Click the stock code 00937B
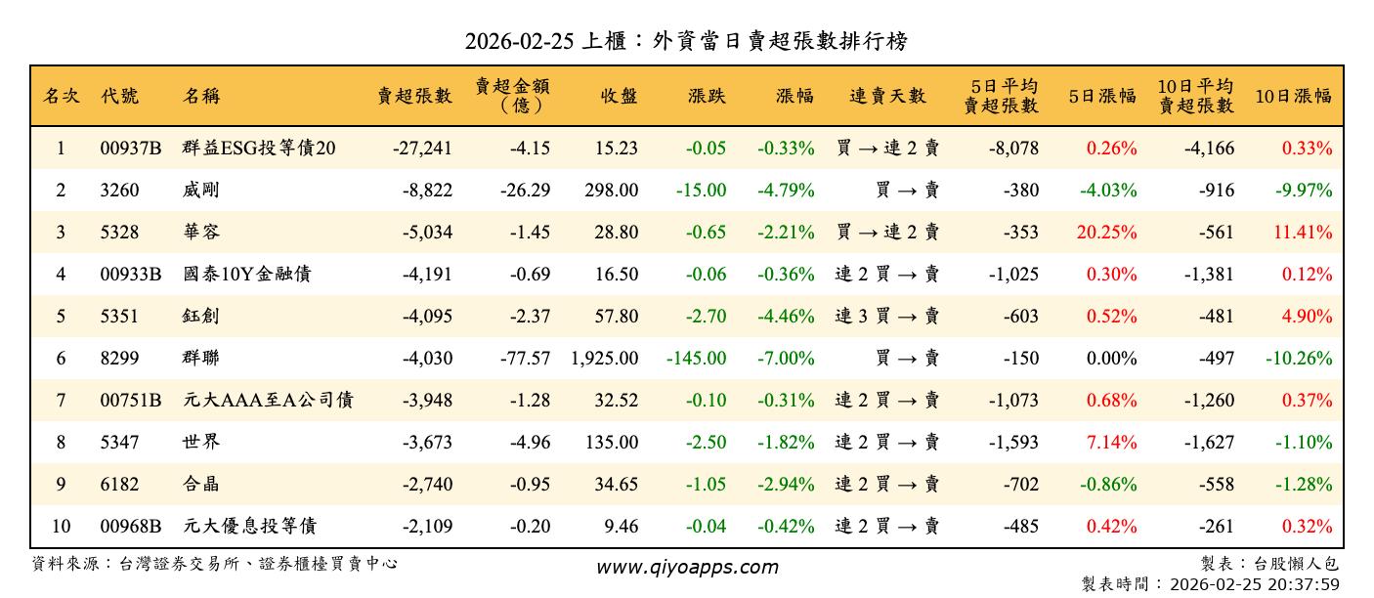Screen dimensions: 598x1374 (x=130, y=149)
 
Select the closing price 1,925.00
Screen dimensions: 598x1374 (x=604, y=359)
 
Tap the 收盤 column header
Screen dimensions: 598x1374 (x=620, y=96)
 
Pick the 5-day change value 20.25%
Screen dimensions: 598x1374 (x=1111, y=233)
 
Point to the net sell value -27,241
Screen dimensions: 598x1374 (x=422, y=149)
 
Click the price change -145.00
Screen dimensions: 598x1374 (x=696, y=359)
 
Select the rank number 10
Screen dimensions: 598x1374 (x=61, y=527)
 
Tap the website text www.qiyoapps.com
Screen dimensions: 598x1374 (x=687, y=567)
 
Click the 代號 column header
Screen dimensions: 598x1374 (x=120, y=96)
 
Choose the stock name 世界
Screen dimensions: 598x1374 (x=201, y=443)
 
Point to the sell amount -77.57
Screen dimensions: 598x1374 (x=525, y=359)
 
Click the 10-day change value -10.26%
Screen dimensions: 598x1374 (x=1299, y=359)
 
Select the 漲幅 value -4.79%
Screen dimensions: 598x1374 (x=786, y=191)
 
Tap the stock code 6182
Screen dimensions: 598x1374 (x=119, y=485)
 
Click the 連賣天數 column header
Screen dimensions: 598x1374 (x=886, y=96)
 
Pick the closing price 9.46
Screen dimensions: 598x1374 (x=621, y=527)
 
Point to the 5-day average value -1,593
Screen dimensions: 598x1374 (x=1013, y=443)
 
